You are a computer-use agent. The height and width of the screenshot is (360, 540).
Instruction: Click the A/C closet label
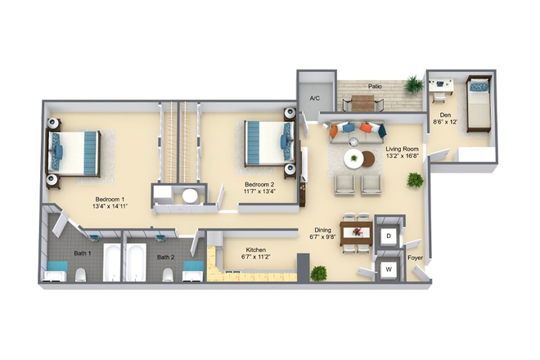(315, 98)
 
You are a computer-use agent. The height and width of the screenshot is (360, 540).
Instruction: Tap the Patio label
(376, 85)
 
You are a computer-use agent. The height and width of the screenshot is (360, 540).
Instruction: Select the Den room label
(446, 115)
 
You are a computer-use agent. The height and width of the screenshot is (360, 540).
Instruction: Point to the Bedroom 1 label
(110, 200)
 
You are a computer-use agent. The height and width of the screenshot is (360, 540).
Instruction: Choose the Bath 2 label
(166, 257)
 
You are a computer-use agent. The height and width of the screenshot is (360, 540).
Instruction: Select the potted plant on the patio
(414, 83)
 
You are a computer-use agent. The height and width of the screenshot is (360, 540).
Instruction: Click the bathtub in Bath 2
(135, 261)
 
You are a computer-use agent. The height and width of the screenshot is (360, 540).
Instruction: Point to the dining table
(356, 232)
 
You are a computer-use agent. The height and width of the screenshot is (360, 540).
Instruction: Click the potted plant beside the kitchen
(318, 272)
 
